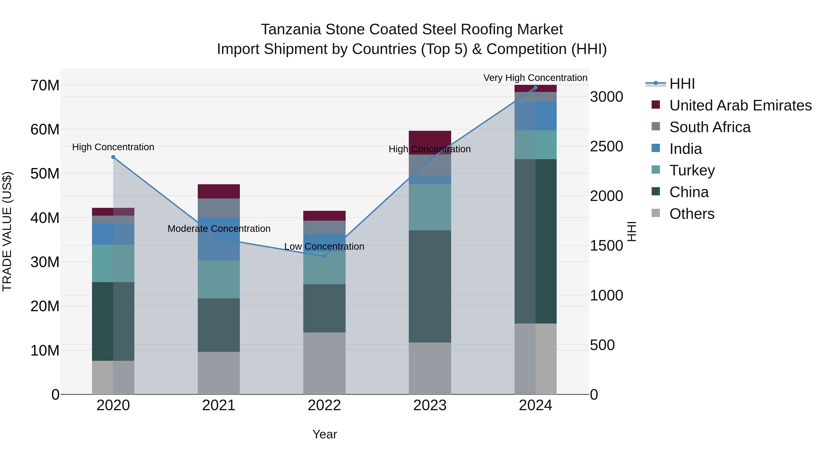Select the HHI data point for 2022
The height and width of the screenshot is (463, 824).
(324, 256)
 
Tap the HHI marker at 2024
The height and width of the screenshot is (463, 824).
(535, 88)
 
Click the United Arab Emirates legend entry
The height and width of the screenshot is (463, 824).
(740, 105)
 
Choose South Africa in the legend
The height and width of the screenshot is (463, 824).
(710, 127)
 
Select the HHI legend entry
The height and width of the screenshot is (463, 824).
(682, 84)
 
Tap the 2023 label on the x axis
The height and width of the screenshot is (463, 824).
(430, 405)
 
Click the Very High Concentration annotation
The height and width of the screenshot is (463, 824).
(535, 78)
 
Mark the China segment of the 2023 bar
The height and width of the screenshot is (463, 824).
(430, 286)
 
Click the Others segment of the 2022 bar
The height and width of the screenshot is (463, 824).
(324, 363)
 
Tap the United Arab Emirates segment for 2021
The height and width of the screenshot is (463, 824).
(219, 191)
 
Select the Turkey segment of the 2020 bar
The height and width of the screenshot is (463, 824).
(113, 263)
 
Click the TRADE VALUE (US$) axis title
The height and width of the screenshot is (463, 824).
(7, 231)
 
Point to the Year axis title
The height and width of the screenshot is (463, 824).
(324, 434)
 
